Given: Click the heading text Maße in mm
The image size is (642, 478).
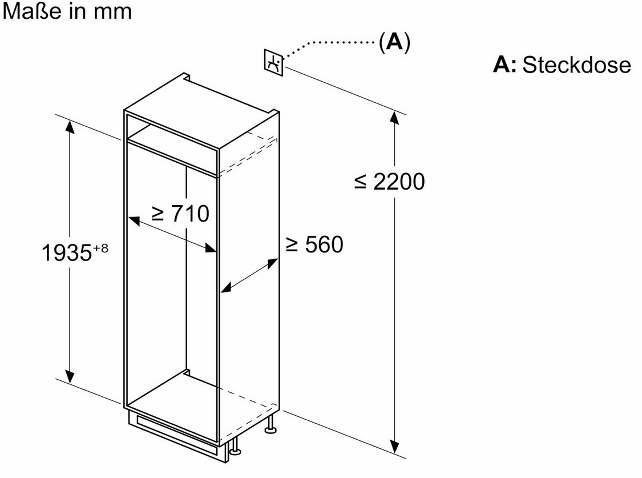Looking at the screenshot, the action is (x=67, y=11).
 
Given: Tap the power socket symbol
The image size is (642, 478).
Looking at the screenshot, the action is (x=273, y=62).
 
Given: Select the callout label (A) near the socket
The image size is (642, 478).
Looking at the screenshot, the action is (x=394, y=42).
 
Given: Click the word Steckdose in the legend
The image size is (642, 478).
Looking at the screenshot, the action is (x=576, y=65).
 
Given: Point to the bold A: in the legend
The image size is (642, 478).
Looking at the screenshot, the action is (x=505, y=65).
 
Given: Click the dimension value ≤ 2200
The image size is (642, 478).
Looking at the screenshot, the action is (x=389, y=182).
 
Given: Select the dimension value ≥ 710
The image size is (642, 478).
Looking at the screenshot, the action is (x=180, y=213).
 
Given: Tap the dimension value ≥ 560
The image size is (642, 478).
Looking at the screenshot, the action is (x=314, y=244).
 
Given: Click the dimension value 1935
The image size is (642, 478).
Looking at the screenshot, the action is (x=67, y=252).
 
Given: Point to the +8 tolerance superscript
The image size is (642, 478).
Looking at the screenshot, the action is (x=100, y=248).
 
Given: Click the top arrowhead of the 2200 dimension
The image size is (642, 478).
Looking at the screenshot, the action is (x=394, y=118).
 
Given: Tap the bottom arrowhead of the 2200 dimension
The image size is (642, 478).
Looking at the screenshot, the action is (x=394, y=447).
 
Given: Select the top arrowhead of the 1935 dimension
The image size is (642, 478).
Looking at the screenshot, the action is (x=70, y=127).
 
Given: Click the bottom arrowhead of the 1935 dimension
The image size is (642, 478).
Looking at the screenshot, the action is (x=70, y=376).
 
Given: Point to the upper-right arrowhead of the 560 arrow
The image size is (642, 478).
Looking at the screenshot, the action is (x=273, y=263).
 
